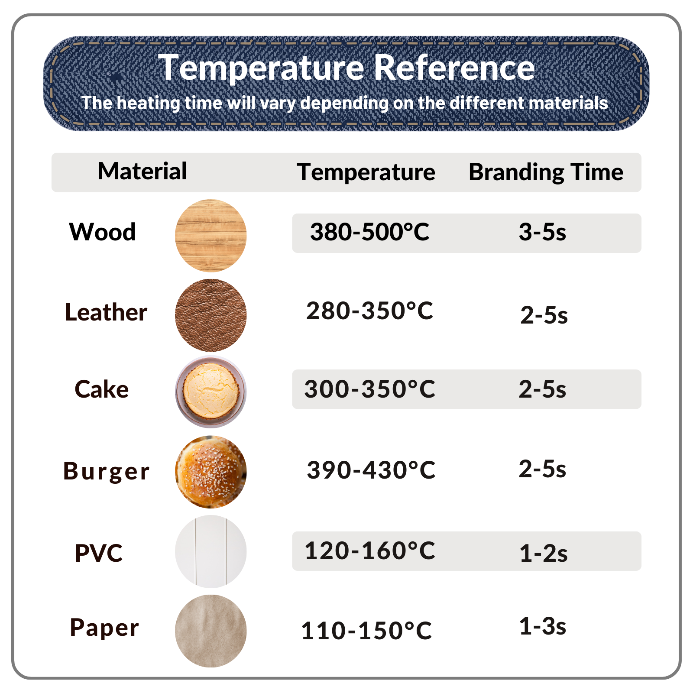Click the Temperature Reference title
(346, 68)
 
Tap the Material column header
(142, 171)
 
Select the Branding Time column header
(546, 172)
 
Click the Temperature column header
(366, 172)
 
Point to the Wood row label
(102, 232)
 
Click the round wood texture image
(211, 236)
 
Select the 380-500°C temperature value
(369, 232)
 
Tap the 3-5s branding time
(542, 232)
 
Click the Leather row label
(106, 312)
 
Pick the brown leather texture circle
(211, 315)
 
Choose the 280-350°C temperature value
(369, 311)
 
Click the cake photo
(211, 392)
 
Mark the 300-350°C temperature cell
(369, 389)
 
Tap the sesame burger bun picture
(211, 472)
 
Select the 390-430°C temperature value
(371, 470)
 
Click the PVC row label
(99, 553)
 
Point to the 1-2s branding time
(543, 554)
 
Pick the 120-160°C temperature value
(370, 551)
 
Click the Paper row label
(104, 628)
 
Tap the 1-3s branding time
(542, 626)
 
